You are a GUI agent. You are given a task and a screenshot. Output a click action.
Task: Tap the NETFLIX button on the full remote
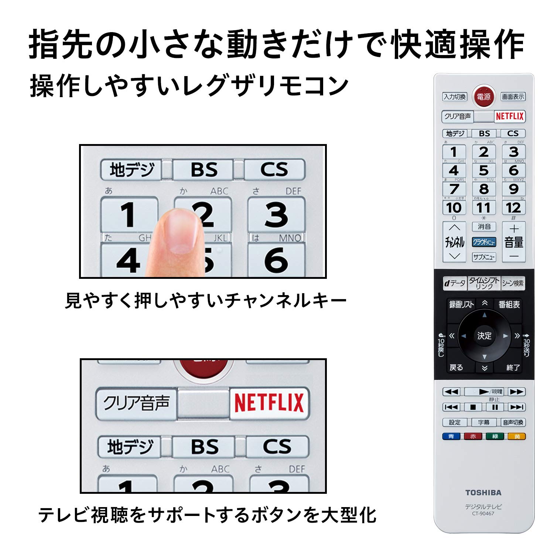pos(510,116)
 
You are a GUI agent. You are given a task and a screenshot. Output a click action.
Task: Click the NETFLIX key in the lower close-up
pos(269,403)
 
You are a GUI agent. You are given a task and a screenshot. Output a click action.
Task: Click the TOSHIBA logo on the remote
pos(483,493)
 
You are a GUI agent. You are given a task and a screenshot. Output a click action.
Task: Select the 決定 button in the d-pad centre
pos(484,336)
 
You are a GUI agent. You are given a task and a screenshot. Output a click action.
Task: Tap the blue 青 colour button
pos(451,437)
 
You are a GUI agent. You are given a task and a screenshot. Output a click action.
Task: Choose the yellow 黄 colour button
pos(517,437)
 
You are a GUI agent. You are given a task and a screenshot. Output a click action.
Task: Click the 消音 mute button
pos(484,226)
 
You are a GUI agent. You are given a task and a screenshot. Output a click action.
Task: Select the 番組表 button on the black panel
pos(509,305)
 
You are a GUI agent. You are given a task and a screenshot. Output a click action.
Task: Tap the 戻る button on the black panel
pos(456,367)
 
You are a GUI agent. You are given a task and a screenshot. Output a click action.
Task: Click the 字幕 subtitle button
pos(483,422)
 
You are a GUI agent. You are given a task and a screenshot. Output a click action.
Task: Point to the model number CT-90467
pos(483,513)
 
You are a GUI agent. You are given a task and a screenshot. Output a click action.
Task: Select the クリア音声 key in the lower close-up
pos(136,403)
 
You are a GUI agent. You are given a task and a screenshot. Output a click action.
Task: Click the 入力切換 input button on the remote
pos(455,97)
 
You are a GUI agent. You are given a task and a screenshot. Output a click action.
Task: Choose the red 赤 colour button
pos(473,437)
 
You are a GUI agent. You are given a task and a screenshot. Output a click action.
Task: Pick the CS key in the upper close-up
pos(274,170)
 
